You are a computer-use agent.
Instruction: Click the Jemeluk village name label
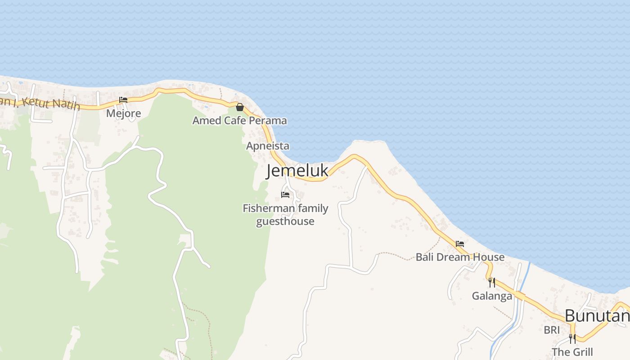point(297,171)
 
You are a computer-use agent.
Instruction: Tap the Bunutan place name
point(597,316)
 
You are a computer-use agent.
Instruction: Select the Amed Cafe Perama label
point(239,121)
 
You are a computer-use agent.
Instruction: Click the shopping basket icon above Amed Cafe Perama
point(240,107)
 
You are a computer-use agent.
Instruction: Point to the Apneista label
point(267,146)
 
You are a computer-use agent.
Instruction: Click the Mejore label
point(123,113)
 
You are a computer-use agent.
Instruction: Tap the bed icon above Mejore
point(123,100)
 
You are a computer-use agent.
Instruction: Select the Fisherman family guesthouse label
point(285,215)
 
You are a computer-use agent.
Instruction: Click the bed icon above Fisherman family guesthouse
point(285,195)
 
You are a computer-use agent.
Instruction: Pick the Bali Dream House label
point(460,257)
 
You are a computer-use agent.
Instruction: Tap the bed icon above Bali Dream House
point(460,244)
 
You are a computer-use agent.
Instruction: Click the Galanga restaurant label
point(492,296)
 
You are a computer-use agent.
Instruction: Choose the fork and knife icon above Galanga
point(492,283)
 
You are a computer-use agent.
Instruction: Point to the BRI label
point(552,330)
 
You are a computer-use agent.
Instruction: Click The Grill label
point(572,352)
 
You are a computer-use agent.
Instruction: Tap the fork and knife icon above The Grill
point(572,338)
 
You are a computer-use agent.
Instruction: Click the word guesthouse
point(285,221)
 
